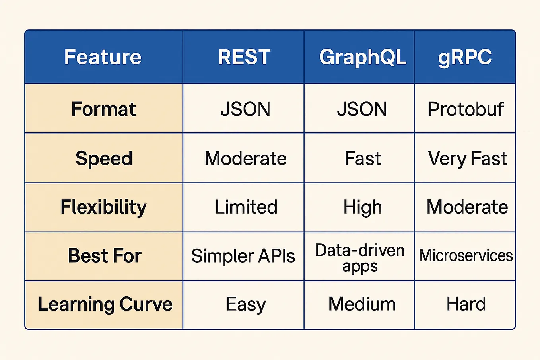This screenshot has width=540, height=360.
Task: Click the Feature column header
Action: [x=103, y=57]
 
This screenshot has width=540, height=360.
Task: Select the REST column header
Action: [x=244, y=57]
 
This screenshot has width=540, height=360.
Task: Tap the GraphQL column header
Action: [x=362, y=57]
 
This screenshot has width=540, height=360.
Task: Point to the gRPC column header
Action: [x=465, y=57]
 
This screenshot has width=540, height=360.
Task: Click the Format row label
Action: [x=103, y=109]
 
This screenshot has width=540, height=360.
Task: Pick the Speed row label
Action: [x=104, y=158]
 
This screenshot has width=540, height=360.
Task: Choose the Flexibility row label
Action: [x=103, y=207]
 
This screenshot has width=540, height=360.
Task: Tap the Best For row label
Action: [x=105, y=256]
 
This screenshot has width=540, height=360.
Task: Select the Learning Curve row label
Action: [x=105, y=304]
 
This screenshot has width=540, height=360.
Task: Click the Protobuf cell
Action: [x=466, y=109]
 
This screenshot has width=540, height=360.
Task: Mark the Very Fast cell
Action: [x=467, y=159]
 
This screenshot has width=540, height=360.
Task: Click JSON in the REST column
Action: [x=245, y=109]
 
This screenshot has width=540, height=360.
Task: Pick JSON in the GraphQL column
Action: [x=361, y=109]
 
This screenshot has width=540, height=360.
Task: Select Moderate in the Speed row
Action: [x=245, y=159]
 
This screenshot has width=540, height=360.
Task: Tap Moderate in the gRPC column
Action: [x=467, y=207]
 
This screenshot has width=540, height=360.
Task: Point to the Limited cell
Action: [x=246, y=207]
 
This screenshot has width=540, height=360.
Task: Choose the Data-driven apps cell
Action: [x=360, y=258]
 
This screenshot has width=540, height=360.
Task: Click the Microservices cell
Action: [x=466, y=255]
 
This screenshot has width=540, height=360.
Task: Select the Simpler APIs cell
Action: [x=243, y=256]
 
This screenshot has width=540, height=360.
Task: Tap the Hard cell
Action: [x=466, y=304]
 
